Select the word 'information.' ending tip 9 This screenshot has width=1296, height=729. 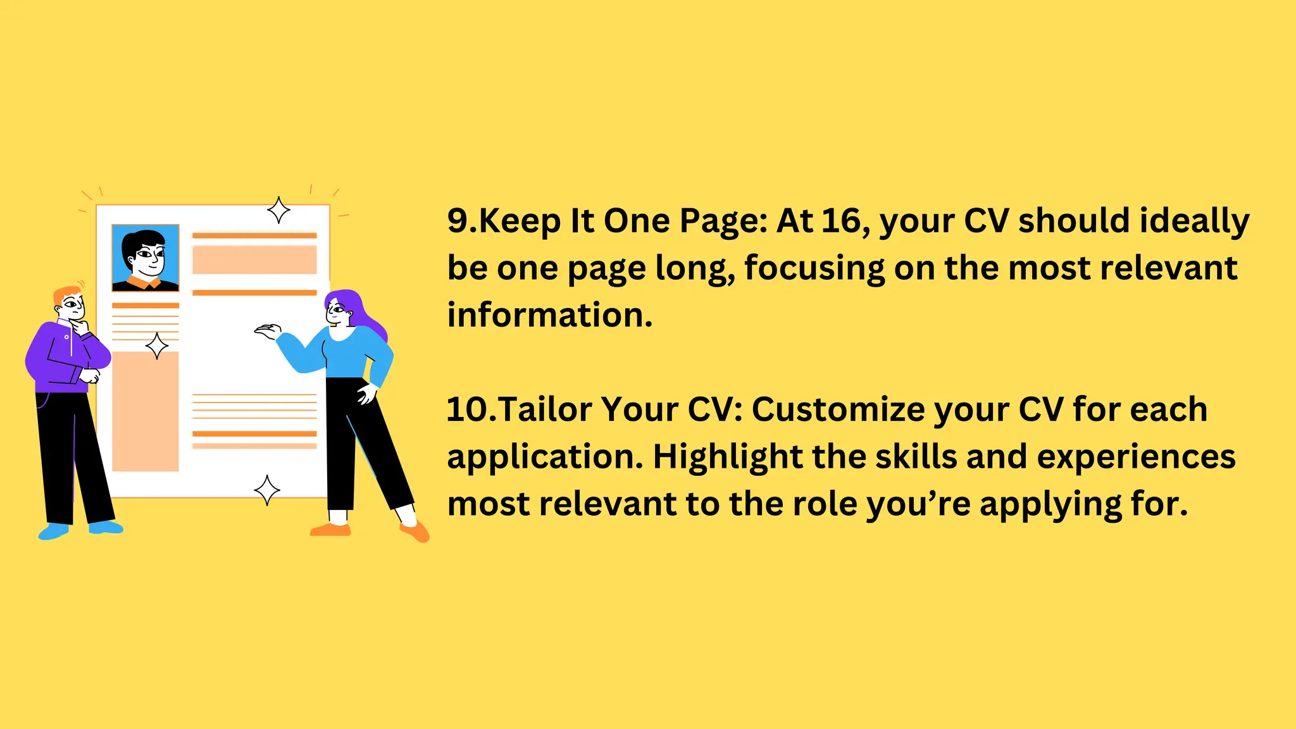click(x=549, y=315)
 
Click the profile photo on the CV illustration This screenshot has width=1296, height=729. click(x=146, y=258)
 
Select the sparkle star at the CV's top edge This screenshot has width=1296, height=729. click(x=278, y=210)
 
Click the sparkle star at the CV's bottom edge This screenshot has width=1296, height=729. click(x=267, y=490)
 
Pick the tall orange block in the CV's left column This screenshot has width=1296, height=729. click(x=146, y=411)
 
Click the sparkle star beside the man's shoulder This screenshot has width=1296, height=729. click(x=157, y=346)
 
